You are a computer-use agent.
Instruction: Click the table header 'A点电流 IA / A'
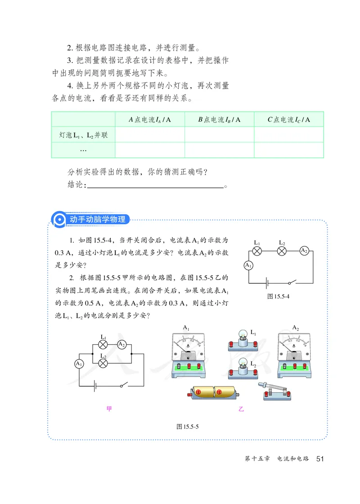[x=150, y=120]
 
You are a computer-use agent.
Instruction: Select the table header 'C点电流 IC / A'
[x=289, y=120]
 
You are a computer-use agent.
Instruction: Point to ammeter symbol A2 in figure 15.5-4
[x=304, y=251]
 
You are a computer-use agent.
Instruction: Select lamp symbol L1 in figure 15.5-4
[x=257, y=251]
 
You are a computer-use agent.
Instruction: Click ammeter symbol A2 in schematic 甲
[x=121, y=345]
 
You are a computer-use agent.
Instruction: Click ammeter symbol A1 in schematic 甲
[x=79, y=363]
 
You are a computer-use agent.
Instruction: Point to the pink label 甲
[x=109, y=409]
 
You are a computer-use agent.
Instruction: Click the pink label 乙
[x=241, y=409]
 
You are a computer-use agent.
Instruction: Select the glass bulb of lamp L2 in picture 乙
[x=242, y=362]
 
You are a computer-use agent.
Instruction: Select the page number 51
[x=320, y=459]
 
